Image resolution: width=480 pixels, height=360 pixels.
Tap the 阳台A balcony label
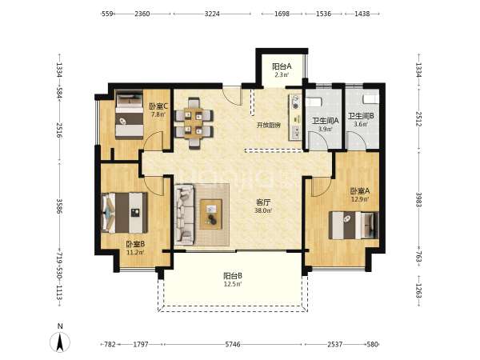pos(282,66)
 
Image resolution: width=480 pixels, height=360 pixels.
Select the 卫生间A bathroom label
pos(325,121)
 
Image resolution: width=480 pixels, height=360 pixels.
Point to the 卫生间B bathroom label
pos(361,116)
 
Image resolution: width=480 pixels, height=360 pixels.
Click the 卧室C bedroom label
pos(158,106)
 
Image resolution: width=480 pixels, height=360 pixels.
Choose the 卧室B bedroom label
pos(135,244)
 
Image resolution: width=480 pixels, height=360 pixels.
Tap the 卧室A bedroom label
pos(360,191)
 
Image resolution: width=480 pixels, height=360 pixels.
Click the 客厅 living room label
pos(263,202)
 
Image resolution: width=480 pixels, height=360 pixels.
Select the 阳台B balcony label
pos(233,276)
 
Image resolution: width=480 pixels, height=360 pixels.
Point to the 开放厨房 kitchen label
pos(269,126)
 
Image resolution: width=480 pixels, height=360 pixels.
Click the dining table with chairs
pos(194,123)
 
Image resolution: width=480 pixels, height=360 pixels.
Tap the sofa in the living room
pos(184,214)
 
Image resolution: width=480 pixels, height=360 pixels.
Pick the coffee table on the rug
pos(211,214)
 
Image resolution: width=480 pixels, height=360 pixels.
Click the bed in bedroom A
pos(354,226)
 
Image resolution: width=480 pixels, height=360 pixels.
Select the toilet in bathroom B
pos(370,99)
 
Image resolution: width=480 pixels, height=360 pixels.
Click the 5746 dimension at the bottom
pos(233,344)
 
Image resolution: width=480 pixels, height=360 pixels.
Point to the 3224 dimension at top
pos(212,14)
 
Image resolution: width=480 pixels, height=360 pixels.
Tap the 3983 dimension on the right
pos(418,199)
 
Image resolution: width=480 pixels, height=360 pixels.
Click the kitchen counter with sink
pos(294,118)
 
